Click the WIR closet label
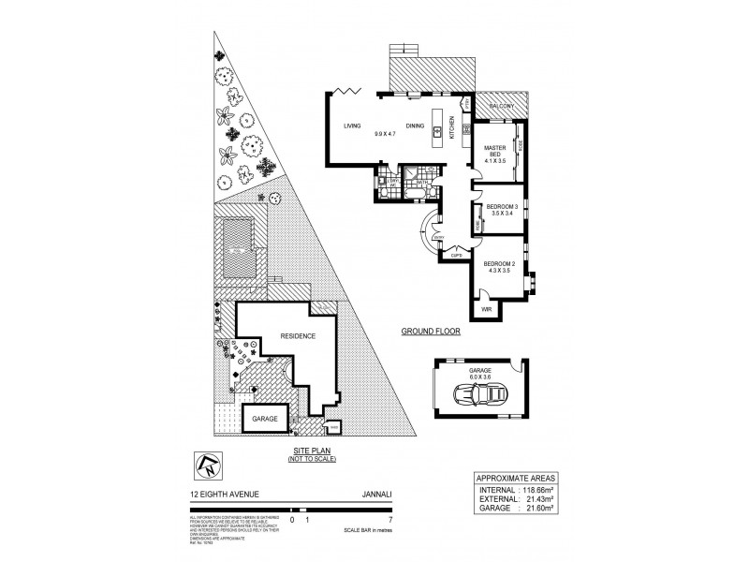click(486, 308)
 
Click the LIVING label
click(352, 126)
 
